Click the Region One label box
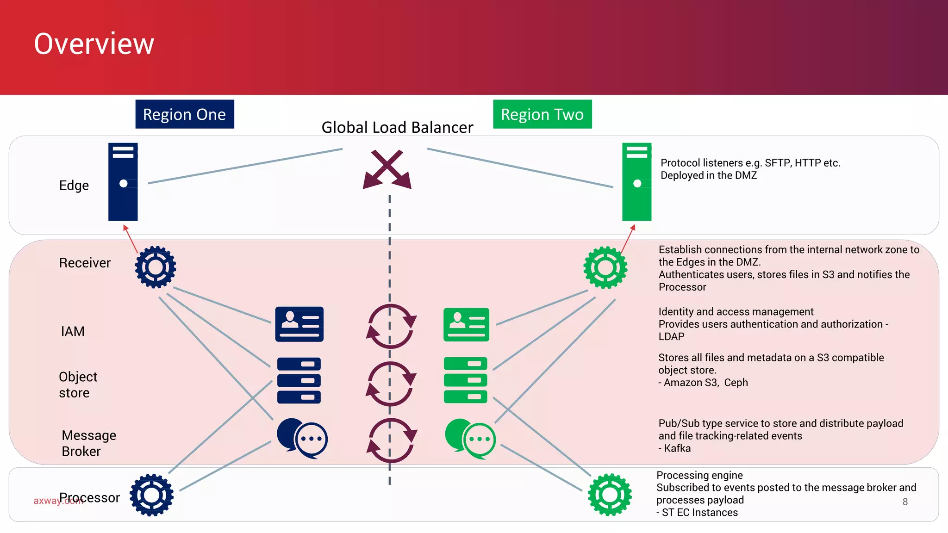184,114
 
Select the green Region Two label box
542,114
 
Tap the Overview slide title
94,44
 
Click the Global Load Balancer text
397,127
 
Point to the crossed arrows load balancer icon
387,169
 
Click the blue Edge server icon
123,182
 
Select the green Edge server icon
636,182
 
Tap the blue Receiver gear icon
156,267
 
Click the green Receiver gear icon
605,267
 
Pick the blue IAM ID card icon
299,324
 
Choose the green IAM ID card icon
466,325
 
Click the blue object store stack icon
299,380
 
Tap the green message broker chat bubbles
470,438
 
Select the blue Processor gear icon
152,495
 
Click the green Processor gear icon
610,495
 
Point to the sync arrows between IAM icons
391,326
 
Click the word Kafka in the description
677,448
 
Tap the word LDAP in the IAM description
671,337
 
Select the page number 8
905,502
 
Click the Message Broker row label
88,443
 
